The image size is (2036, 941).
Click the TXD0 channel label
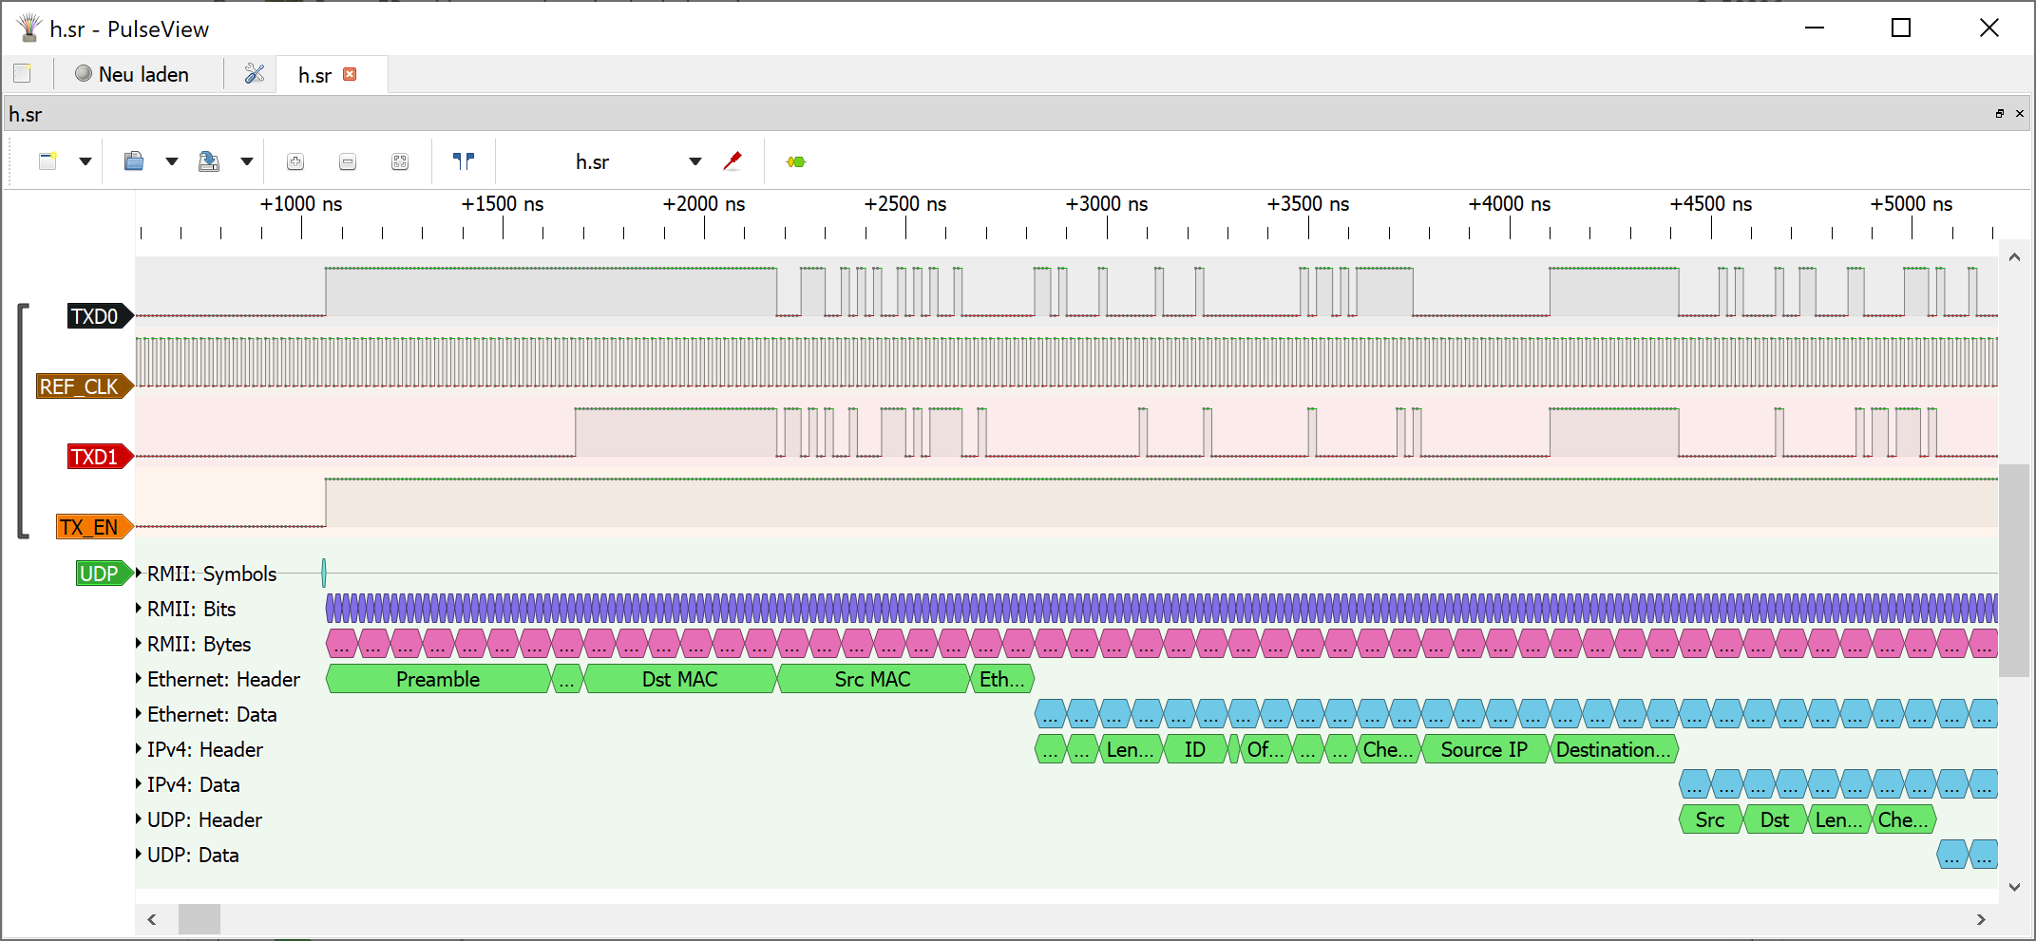coord(95,316)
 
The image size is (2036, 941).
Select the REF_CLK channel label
coord(80,386)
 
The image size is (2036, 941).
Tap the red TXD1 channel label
coord(95,457)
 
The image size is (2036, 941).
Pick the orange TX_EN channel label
coord(89,527)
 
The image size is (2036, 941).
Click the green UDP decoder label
coord(99,574)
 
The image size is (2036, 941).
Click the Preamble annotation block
coord(438,679)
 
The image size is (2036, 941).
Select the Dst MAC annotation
coord(679,679)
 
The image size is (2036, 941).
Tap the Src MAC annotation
coord(872,679)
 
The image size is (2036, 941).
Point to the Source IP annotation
coord(1483,749)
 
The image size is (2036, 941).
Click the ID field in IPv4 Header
coord(1194,749)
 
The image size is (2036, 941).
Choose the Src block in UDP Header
coord(1709,819)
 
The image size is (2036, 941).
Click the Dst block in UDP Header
coord(1774,819)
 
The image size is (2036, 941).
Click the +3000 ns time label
coord(1106,204)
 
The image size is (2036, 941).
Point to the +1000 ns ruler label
coord(301,204)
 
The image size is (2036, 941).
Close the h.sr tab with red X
coord(350,74)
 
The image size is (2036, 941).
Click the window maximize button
coord(1901,28)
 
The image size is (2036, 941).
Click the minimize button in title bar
coord(1815,28)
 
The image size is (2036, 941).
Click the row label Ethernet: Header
coord(223,679)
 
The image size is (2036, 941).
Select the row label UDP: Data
coord(193,855)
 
